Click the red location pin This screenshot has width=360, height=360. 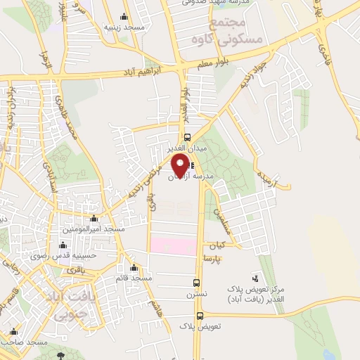(x=181, y=166)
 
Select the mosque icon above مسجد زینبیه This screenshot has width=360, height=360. (x=124, y=18)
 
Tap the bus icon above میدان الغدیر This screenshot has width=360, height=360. (x=187, y=138)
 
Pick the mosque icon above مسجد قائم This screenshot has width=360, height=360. (x=134, y=267)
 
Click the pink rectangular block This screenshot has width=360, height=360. (x=172, y=246)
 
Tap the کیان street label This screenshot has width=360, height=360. (x=216, y=247)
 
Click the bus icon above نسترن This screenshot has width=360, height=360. (x=198, y=283)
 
